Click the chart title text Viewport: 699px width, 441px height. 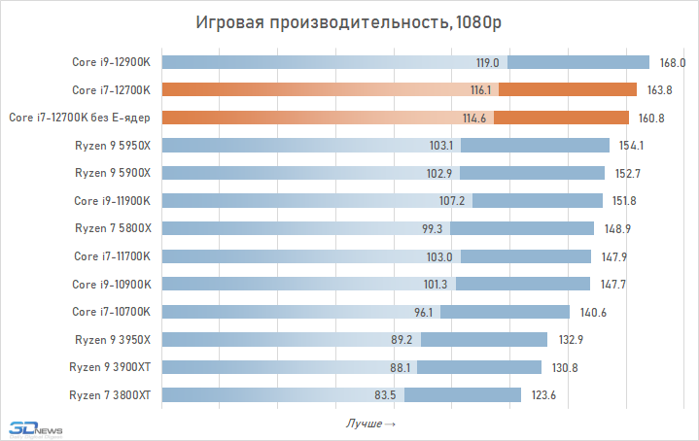tap(349, 22)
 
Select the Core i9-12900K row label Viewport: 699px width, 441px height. tap(111, 62)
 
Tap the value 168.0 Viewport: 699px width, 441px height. tap(673, 62)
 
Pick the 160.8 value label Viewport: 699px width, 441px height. tap(651, 118)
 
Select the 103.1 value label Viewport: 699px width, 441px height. tap(441, 146)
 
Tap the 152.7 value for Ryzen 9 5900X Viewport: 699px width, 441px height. tap(628, 173)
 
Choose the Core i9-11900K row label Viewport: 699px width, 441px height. tap(111, 201)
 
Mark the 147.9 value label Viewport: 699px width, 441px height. tap(614, 256)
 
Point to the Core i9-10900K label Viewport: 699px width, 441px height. tap(111, 284)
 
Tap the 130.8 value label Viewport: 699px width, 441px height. tap(564, 367)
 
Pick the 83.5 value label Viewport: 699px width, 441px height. tap(389, 394)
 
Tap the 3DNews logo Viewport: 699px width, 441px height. tap(33, 426)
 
